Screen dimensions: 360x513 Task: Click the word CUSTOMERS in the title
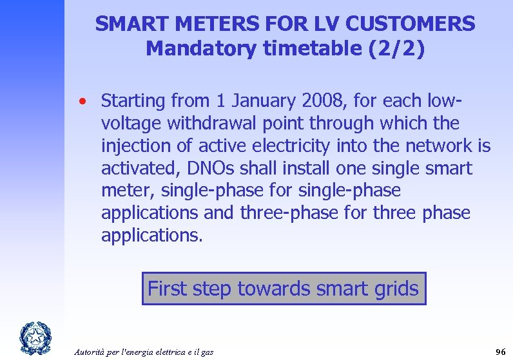pos(410,24)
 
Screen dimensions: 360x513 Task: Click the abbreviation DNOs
pos(208,169)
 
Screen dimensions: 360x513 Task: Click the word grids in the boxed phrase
pos(394,289)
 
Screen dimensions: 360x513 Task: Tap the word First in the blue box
pos(169,289)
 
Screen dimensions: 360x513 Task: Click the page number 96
pos(499,352)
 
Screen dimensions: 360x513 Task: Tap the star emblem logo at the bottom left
pos(32,338)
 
